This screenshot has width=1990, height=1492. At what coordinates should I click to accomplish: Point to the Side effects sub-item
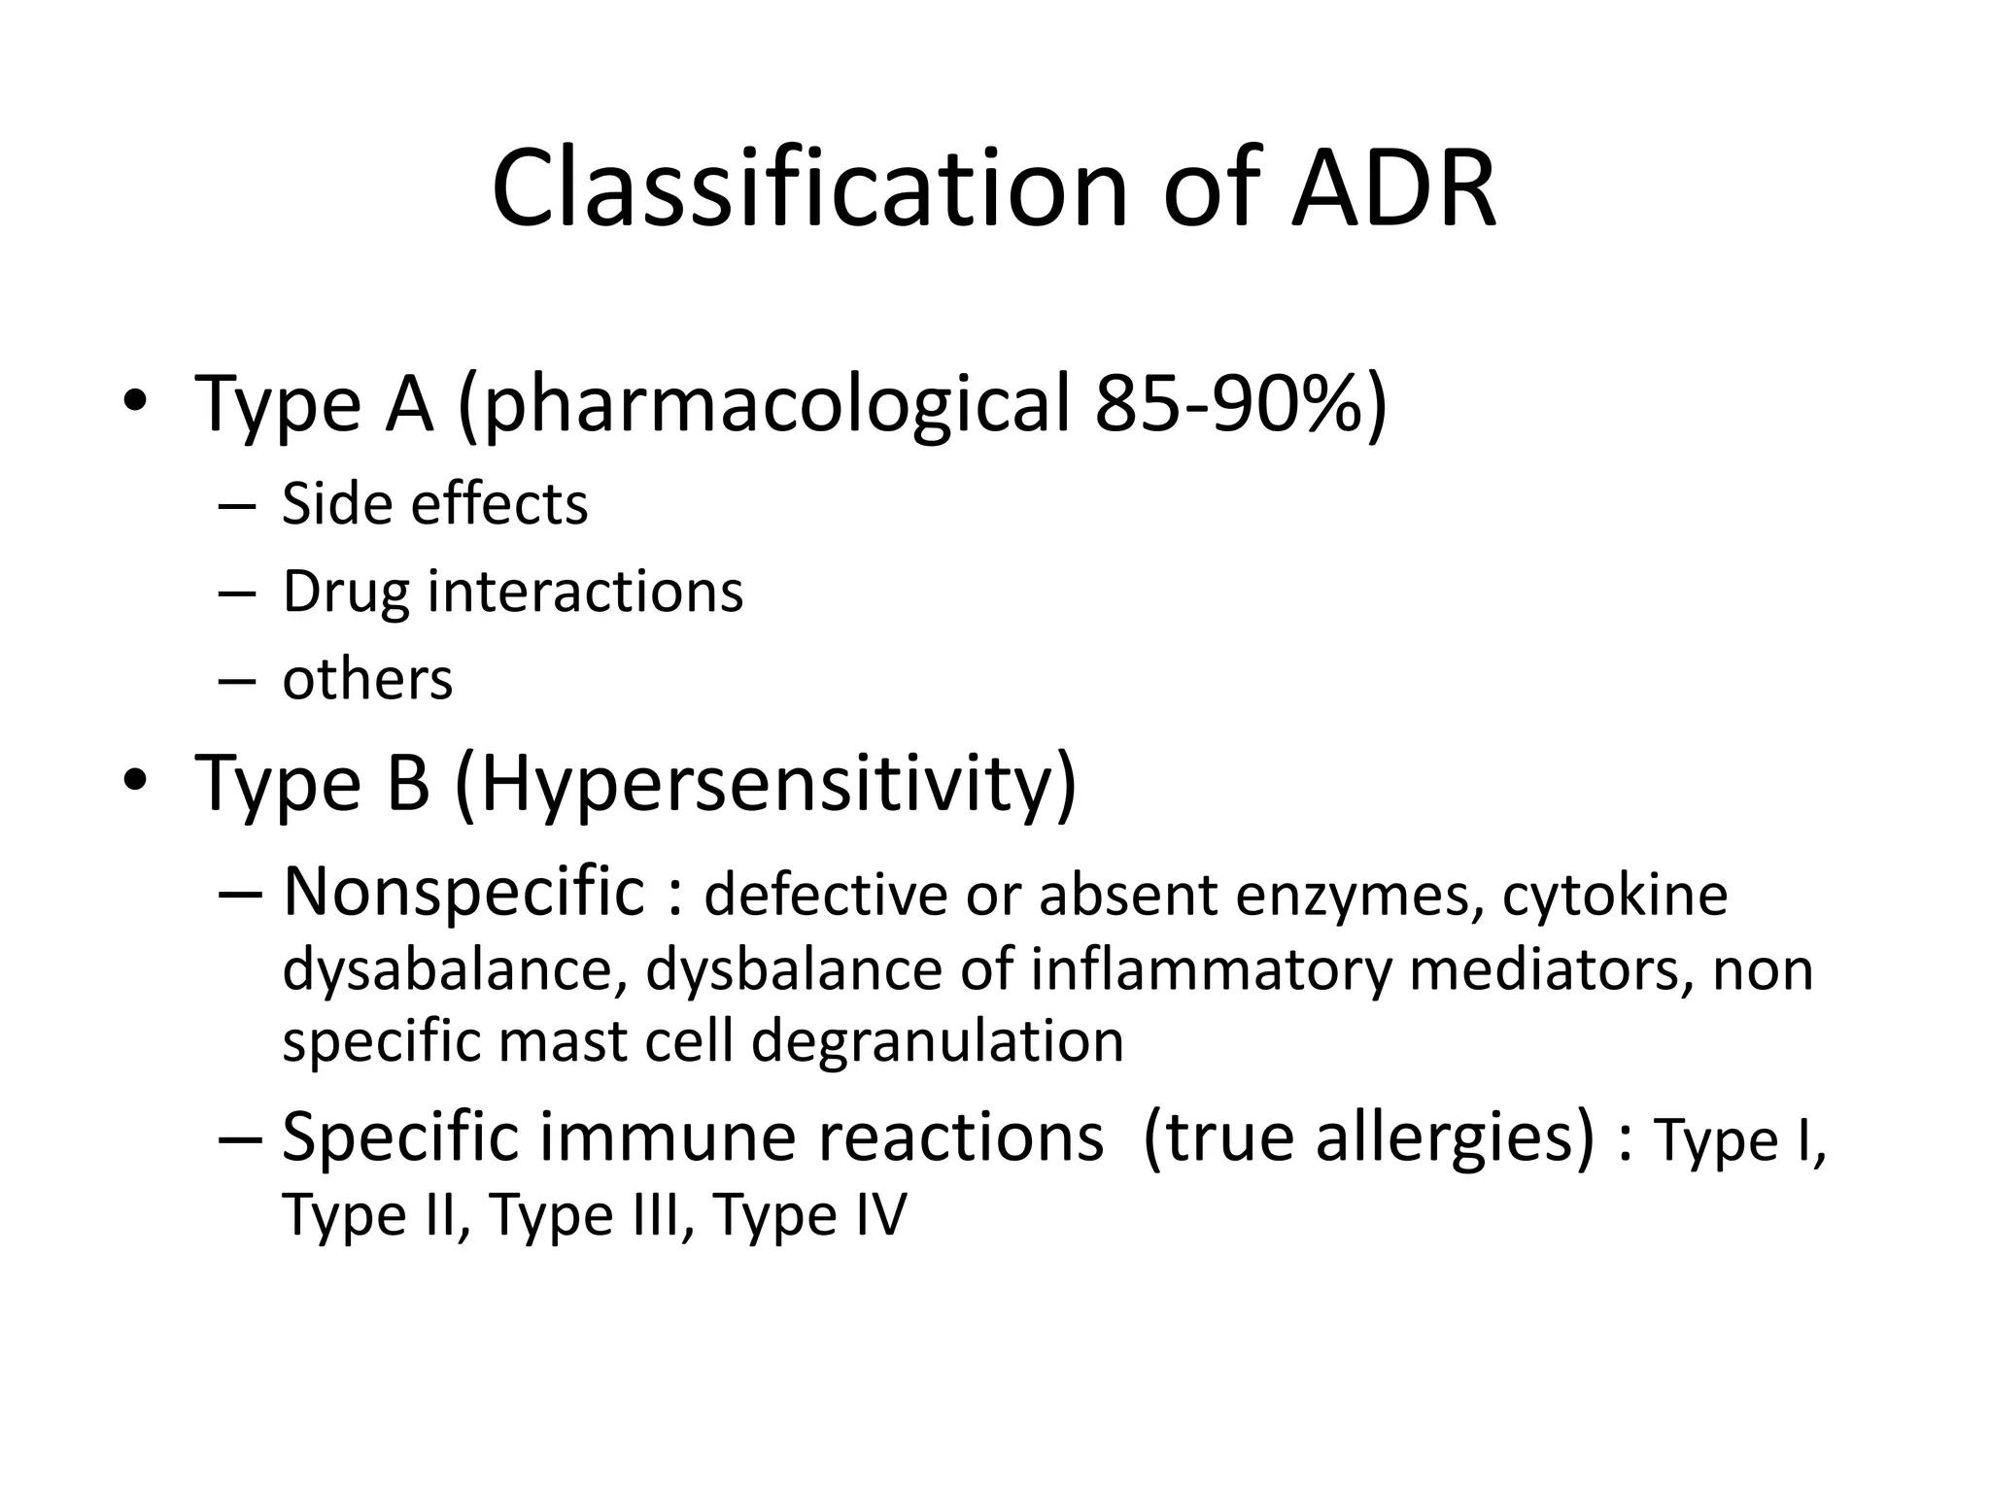(434, 504)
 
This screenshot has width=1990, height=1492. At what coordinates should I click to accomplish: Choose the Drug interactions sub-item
(512, 592)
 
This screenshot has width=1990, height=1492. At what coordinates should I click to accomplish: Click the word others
(367, 679)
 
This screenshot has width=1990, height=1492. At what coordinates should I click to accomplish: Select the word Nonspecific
(463, 891)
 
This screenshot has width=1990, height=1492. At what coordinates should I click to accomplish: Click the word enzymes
(1359, 895)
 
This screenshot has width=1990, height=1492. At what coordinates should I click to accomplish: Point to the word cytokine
(1615, 895)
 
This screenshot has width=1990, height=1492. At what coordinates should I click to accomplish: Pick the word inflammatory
(1211, 969)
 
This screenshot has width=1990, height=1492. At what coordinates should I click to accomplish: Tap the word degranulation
(938, 1040)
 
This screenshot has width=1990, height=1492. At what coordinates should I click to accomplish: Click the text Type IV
(809, 1214)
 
